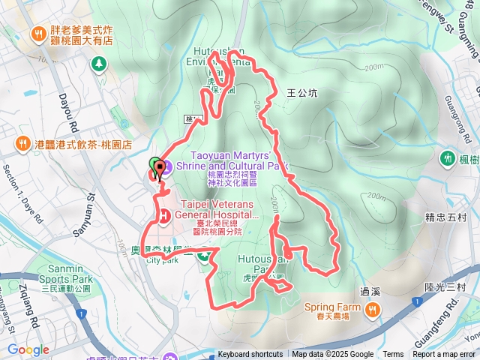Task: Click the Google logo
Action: pos(28,349)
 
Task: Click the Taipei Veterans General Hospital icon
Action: pos(162,216)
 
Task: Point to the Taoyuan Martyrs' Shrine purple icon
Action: pos(167,166)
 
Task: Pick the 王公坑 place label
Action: pos(302,94)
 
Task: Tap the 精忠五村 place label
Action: pos(445,218)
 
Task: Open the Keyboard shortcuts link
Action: pos(250,355)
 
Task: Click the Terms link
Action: pos(393,355)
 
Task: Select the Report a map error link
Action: pos(445,355)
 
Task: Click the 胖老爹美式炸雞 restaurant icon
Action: pos(36,34)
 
